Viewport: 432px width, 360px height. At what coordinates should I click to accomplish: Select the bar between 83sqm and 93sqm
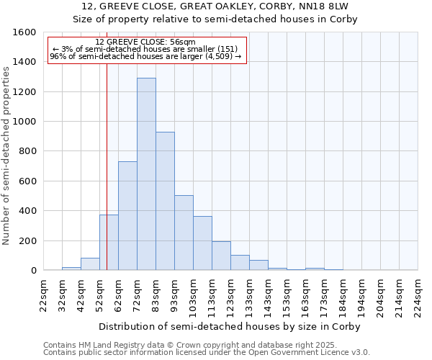click(165, 201)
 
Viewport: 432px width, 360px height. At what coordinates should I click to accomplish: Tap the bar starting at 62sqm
click(127, 216)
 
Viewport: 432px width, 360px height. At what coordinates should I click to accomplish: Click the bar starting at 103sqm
click(202, 243)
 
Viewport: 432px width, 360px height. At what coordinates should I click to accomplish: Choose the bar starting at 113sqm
click(221, 256)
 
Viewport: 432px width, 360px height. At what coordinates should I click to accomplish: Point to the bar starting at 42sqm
click(90, 264)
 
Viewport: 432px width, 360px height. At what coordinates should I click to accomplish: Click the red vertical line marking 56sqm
click(107, 158)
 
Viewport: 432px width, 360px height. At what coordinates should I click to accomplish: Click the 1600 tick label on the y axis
click(24, 32)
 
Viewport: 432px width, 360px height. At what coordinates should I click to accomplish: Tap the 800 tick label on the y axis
click(27, 151)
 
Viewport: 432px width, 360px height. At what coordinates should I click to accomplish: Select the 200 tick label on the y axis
click(27, 240)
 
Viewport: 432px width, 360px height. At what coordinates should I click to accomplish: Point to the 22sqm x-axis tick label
click(43, 296)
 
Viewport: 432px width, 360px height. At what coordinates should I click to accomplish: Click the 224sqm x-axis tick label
click(418, 296)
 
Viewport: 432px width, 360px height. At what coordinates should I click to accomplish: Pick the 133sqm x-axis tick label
click(249, 296)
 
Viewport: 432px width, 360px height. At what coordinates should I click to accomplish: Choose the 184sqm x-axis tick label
click(343, 296)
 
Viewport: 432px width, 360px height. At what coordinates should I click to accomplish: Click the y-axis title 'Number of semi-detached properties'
click(7, 151)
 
